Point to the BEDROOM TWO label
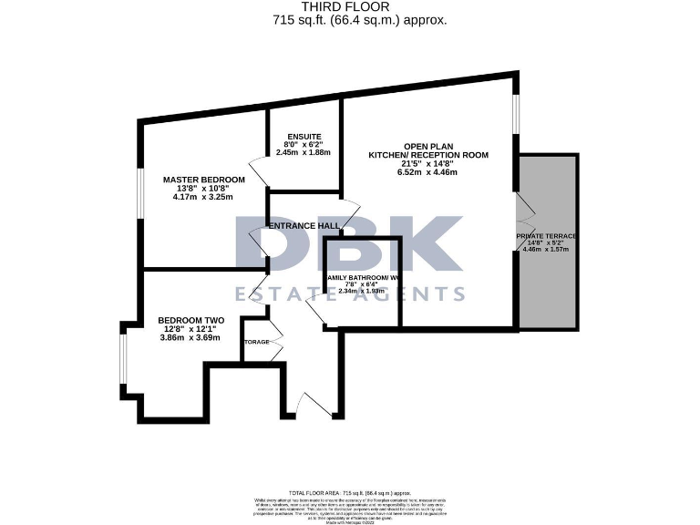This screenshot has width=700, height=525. tap(190, 320)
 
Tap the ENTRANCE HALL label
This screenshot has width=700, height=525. tap(303, 225)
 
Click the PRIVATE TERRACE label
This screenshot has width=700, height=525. tap(547, 236)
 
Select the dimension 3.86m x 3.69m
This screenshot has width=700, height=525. tap(190, 337)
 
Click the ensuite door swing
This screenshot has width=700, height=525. tap(258, 170)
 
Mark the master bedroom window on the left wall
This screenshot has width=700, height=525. tap(139, 194)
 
